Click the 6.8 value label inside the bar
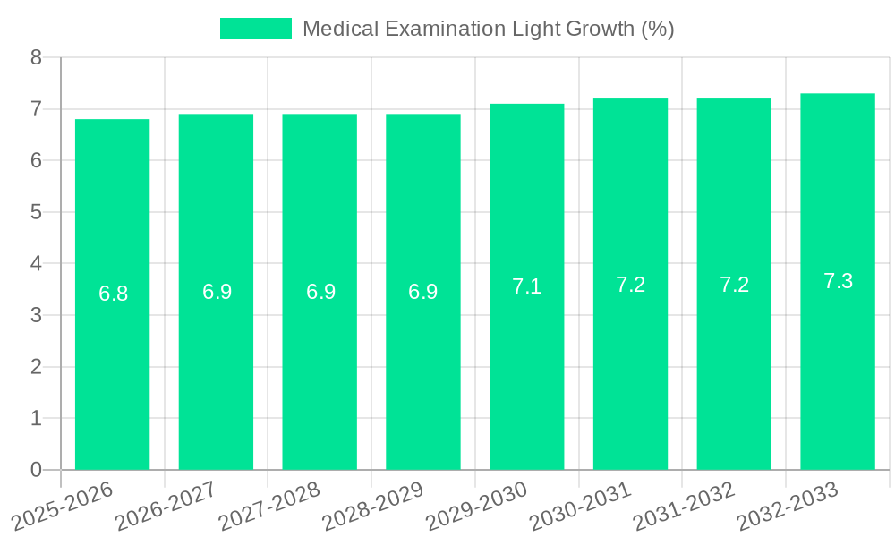(x=113, y=294)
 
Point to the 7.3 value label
(x=838, y=281)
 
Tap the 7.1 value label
(x=526, y=286)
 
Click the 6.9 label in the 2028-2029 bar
(x=422, y=292)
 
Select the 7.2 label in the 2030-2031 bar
(x=630, y=285)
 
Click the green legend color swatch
(x=255, y=29)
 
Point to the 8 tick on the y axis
(x=36, y=57)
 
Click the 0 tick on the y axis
(x=36, y=470)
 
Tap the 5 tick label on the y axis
(x=36, y=212)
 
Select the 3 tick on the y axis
(x=36, y=315)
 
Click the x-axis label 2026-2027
(x=166, y=505)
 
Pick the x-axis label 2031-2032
(x=685, y=505)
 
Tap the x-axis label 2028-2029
(x=373, y=505)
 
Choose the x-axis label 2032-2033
(x=788, y=505)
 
